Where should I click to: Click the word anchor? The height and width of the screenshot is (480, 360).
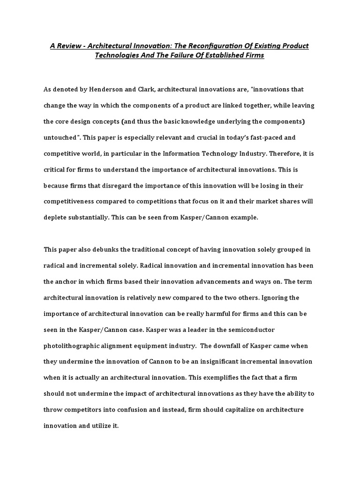[68, 282]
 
